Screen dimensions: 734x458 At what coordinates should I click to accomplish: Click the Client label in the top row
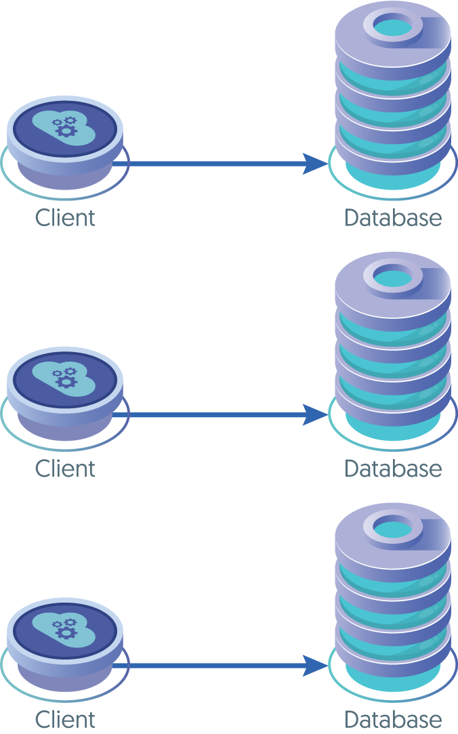(x=65, y=218)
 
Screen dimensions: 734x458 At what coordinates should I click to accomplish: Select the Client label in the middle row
(x=65, y=469)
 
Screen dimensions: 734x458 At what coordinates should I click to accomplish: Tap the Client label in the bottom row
(x=65, y=719)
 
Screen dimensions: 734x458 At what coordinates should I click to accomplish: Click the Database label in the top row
(x=393, y=218)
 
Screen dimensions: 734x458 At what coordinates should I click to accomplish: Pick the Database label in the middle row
(x=393, y=469)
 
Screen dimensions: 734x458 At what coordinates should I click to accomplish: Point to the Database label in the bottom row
(x=393, y=719)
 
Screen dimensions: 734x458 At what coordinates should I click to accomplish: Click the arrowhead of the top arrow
(x=314, y=163)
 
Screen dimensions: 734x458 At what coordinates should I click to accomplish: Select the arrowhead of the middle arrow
(x=314, y=414)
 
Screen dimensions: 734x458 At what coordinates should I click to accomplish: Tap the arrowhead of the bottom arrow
(x=314, y=665)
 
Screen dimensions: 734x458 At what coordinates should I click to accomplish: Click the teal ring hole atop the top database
(x=390, y=27)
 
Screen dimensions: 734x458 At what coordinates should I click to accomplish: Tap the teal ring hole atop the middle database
(x=390, y=278)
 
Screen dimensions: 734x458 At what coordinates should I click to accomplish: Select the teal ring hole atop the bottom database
(x=390, y=528)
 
